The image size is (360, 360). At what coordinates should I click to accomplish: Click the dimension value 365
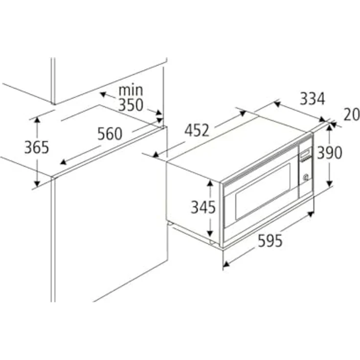point(37,147)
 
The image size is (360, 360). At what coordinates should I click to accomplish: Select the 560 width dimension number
point(110,134)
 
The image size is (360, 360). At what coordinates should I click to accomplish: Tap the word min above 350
point(131,90)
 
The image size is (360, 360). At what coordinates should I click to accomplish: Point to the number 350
point(131,105)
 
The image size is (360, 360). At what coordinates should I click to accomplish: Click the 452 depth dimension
point(197,131)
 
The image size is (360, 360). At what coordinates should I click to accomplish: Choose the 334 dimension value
point(313,99)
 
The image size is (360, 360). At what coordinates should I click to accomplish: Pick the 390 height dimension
point(330,153)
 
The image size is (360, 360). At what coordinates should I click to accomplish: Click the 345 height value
point(203,207)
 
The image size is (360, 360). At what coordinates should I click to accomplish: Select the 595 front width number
point(270,241)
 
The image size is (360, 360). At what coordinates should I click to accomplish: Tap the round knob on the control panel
point(306,177)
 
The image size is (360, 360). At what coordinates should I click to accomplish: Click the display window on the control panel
point(306,153)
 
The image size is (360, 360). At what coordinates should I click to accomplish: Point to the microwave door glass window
point(263,192)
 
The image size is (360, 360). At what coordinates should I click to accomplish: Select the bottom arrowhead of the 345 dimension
point(210,233)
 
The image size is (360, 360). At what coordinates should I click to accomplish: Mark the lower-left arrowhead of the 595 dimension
point(226,265)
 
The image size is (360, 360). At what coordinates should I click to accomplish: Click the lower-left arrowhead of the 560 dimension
point(63,162)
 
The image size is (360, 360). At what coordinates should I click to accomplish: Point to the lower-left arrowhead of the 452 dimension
point(156,155)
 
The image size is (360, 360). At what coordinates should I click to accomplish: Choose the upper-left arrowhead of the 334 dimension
point(277,104)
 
